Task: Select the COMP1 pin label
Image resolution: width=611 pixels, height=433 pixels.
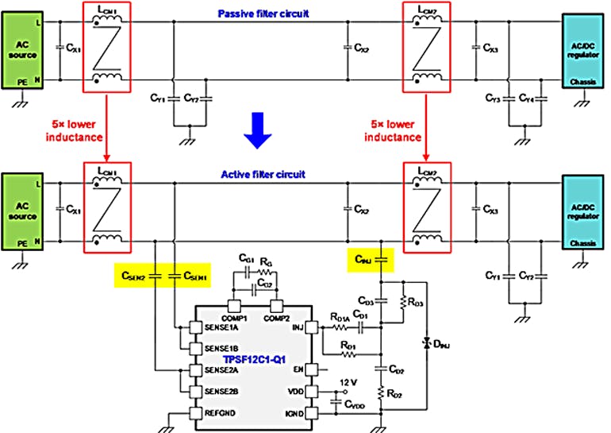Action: tap(235, 318)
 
